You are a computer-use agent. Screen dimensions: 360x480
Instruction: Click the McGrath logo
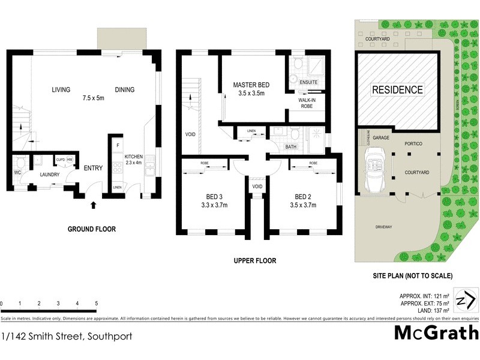point(436,332)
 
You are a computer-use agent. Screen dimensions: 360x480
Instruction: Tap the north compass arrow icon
point(466,299)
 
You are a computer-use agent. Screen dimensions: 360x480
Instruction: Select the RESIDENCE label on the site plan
point(398,90)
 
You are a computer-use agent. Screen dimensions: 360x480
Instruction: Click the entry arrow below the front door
point(93,206)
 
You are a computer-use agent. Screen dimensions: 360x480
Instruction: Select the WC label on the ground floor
point(17,173)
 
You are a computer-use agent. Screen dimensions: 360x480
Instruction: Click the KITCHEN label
point(134,157)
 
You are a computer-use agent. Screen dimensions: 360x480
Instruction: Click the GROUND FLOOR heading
point(92,229)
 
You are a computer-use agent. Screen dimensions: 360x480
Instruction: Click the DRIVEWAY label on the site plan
point(384,227)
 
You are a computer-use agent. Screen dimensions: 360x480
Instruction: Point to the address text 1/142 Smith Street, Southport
point(67,336)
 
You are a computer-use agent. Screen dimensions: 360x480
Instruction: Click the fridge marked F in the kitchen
point(117,146)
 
